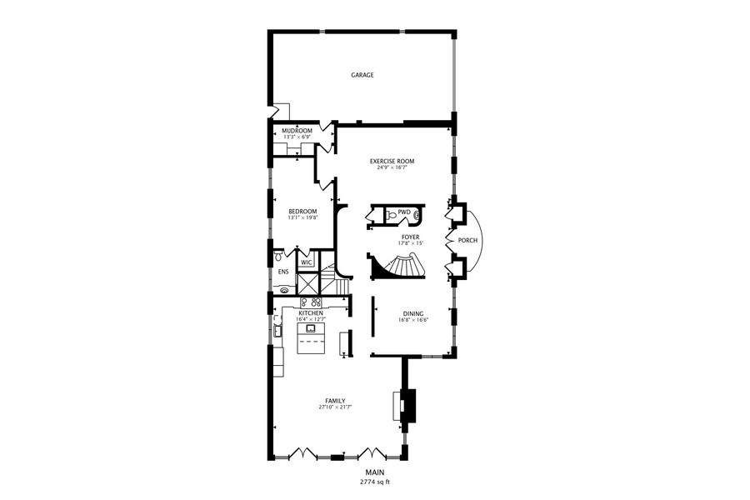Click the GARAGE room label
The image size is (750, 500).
tap(362, 75)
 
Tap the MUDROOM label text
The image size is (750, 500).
tap(297, 131)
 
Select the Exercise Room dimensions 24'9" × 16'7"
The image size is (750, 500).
tap(392, 167)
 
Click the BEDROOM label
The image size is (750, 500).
tap(302, 212)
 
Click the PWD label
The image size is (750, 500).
tap(404, 212)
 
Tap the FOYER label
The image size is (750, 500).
tap(411, 237)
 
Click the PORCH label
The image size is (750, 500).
tap(467, 242)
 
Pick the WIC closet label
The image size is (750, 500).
tap(306, 262)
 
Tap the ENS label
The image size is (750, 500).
tap(282, 272)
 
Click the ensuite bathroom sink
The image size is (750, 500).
tap(284, 291)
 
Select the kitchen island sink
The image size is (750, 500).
tap(311, 328)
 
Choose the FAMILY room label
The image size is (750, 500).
tap(336, 401)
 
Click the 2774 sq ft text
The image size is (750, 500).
tap(374, 482)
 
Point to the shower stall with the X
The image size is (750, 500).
tap(307, 283)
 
